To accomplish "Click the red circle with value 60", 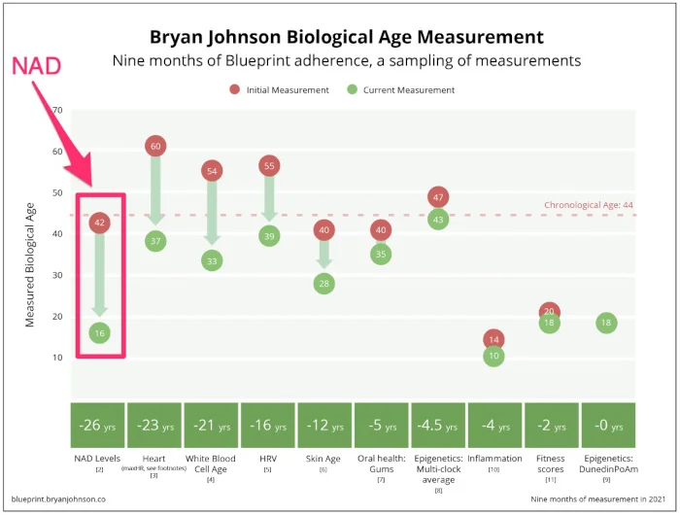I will click(155, 146).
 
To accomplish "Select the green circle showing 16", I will click(99, 332).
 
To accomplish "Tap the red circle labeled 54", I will click(212, 171).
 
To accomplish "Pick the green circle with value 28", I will click(324, 283).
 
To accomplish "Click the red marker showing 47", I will click(438, 197).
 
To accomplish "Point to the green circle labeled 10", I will click(494, 356).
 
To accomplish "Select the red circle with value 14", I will click(494, 339).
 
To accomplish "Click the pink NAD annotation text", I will click(36, 66).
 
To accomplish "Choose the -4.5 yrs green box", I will click(438, 426).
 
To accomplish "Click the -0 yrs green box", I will click(607, 426).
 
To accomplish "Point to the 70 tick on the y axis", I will click(57, 111).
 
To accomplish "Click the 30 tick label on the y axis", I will click(57, 275).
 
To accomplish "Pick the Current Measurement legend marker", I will click(352, 90).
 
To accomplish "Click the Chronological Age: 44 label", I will click(589, 205).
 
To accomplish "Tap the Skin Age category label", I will click(324, 458).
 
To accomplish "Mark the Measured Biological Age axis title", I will click(30, 257).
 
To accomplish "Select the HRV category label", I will click(268, 458).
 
